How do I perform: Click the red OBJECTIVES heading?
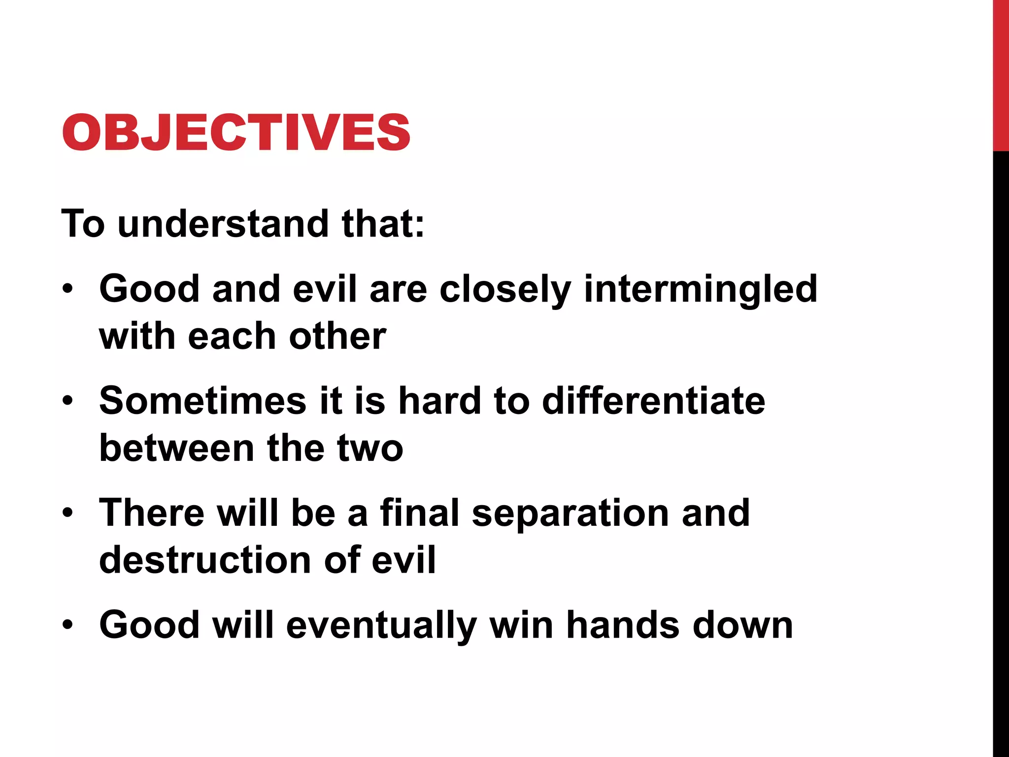236,132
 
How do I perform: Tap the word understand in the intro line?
223,224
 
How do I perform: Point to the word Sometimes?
202,400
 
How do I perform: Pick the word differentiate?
653,400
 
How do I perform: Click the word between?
177,448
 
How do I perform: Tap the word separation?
570,513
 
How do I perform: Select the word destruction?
205,560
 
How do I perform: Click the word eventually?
381,625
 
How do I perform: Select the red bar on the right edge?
1001,74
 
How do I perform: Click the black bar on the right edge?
1001,444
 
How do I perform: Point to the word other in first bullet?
337,337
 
